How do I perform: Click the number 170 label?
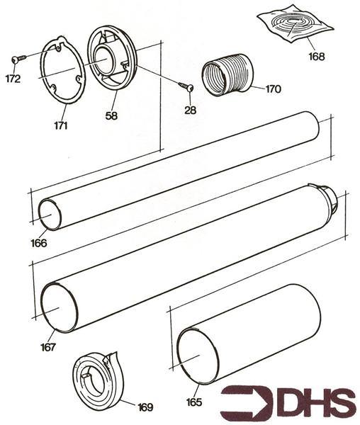coord(273,89)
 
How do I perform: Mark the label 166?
coord(39,243)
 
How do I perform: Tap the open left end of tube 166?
coord(50,214)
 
